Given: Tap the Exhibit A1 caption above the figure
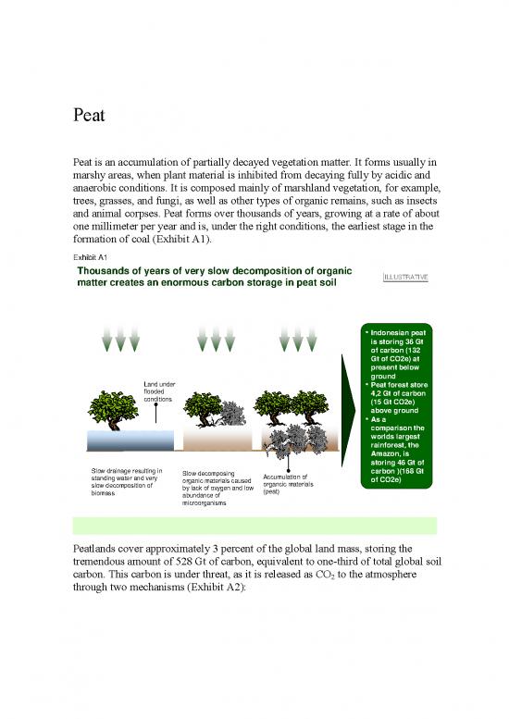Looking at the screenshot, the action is (90, 256).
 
